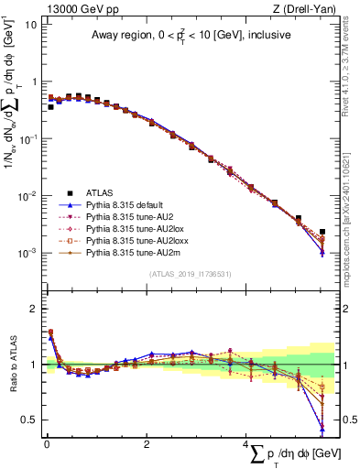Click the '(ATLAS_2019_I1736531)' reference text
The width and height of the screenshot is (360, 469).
point(189,273)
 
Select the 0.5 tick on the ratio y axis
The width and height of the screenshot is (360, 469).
point(29,420)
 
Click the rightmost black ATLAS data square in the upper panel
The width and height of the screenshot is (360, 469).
point(322,233)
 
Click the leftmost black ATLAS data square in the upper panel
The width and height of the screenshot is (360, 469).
point(50,107)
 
